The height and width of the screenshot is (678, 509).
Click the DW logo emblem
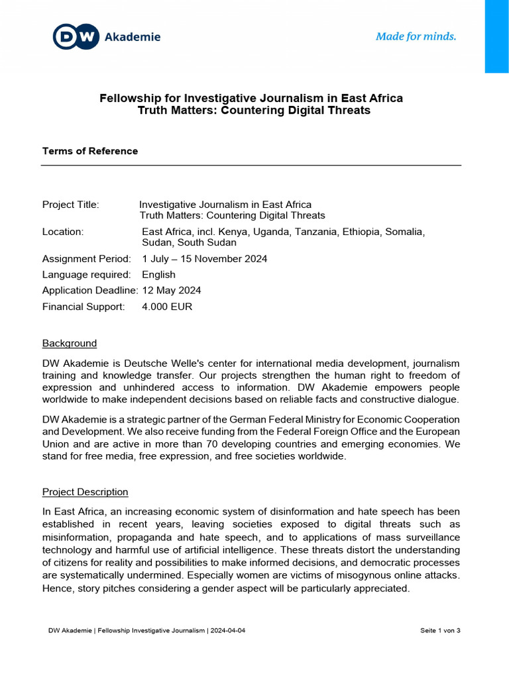(76, 37)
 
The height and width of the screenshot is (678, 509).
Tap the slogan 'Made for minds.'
(416, 36)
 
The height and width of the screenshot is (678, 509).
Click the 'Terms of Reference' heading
(90, 151)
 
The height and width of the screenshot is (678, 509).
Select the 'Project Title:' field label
(70, 205)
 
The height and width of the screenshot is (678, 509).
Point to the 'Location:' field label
(63, 232)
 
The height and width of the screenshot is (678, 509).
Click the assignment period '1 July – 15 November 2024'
(205, 259)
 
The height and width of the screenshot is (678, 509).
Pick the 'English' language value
(159, 275)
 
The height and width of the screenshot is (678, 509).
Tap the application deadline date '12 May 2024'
(172, 291)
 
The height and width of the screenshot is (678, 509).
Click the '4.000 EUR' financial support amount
(168, 307)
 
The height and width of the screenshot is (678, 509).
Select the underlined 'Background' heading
(70, 344)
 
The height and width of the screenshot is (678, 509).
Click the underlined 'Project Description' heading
(85, 493)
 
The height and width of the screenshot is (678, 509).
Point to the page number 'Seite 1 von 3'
(440, 630)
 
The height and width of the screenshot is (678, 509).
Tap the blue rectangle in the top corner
(496, 36)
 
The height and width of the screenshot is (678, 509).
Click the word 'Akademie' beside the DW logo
(133, 37)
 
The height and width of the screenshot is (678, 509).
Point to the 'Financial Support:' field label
(84, 307)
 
